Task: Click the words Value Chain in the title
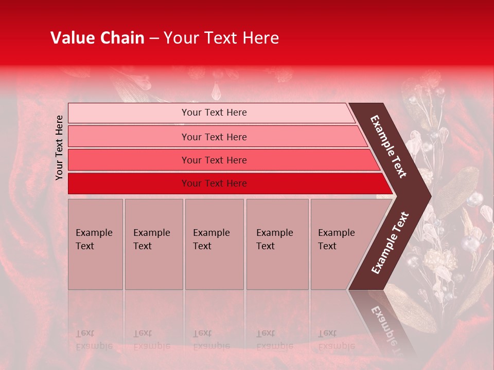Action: [97, 38]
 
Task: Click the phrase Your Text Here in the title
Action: [221, 38]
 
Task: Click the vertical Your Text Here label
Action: [59, 147]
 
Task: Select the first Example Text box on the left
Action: [95, 244]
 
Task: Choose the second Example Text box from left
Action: [153, 244]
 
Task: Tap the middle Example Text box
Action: [214, 244]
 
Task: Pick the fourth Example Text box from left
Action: [277, 244]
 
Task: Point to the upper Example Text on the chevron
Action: [388, 146]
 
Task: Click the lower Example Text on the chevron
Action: [390, 243]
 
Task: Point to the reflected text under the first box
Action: [94, 340]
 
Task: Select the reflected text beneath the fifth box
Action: [337, 340]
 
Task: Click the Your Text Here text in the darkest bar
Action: [214, 183]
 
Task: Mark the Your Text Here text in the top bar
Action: [214, 113]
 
